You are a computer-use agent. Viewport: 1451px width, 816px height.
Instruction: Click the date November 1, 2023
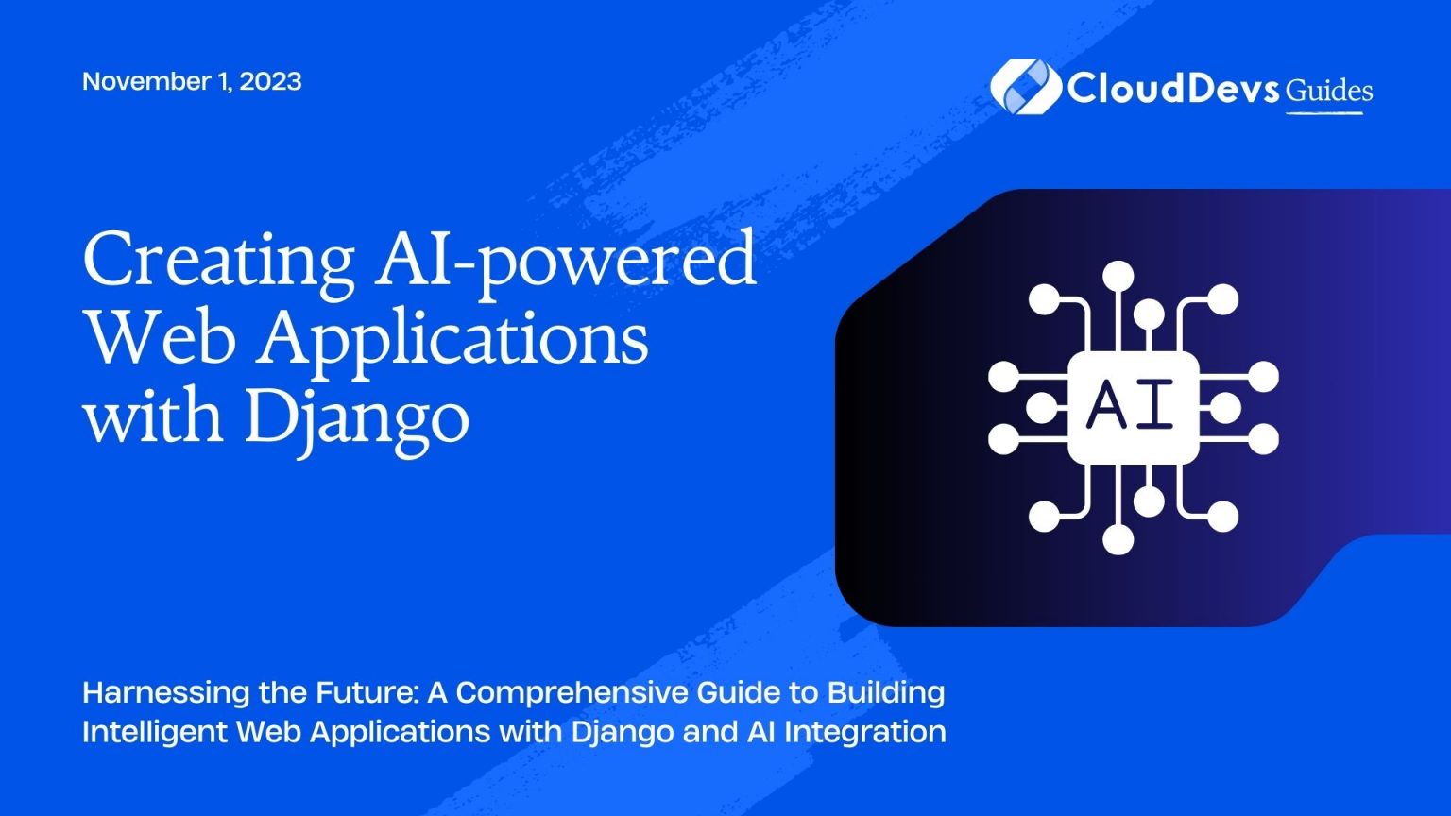point(192,81)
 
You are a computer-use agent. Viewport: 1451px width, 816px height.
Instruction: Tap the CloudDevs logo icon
point(1025,87)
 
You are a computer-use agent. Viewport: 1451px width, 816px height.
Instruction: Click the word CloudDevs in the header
point(1173,88)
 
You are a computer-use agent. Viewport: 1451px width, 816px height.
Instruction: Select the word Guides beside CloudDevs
point(1328,92)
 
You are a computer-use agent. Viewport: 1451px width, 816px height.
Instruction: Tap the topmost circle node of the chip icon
point(1118,277)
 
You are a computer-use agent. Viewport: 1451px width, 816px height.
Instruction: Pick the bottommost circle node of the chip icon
point(1118,539)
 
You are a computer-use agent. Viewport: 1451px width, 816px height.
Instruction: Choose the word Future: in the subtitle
point(367,693)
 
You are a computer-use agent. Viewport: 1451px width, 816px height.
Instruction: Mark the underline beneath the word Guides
point(1324,113)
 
